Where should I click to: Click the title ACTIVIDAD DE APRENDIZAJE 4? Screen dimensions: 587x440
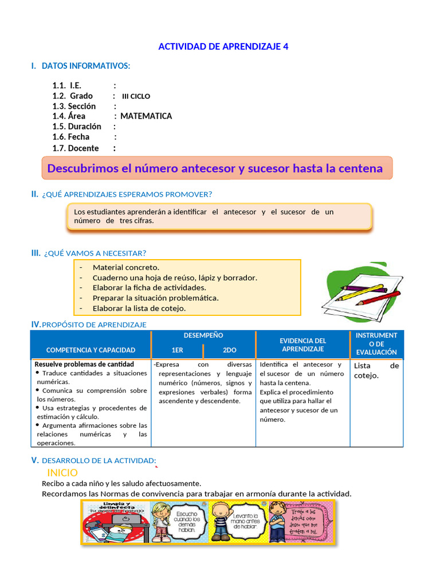(223, 46)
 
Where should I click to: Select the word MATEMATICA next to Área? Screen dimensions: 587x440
(146, 116)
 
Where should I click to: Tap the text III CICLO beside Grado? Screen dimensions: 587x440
(136, 96)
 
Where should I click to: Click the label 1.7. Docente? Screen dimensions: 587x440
(76, 148)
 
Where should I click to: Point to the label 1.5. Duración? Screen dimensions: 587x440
(77, 127)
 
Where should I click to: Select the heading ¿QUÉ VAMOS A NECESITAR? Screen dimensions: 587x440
(95, 253)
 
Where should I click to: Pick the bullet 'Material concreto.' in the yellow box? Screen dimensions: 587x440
(126, 267)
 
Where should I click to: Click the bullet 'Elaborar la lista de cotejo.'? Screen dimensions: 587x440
(139, 308)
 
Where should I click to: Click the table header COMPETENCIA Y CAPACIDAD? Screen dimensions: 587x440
(91, 350)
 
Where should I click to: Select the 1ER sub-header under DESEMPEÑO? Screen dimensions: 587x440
(177, 350)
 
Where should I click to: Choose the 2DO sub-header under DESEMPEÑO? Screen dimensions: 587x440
(229, 350)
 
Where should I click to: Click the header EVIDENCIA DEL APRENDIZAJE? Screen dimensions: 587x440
(303, 345)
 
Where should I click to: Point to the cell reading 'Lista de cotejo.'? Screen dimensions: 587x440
(376, 370)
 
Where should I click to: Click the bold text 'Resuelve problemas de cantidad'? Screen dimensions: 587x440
(84, 364)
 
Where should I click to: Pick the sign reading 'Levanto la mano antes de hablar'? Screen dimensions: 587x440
(246, 522)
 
